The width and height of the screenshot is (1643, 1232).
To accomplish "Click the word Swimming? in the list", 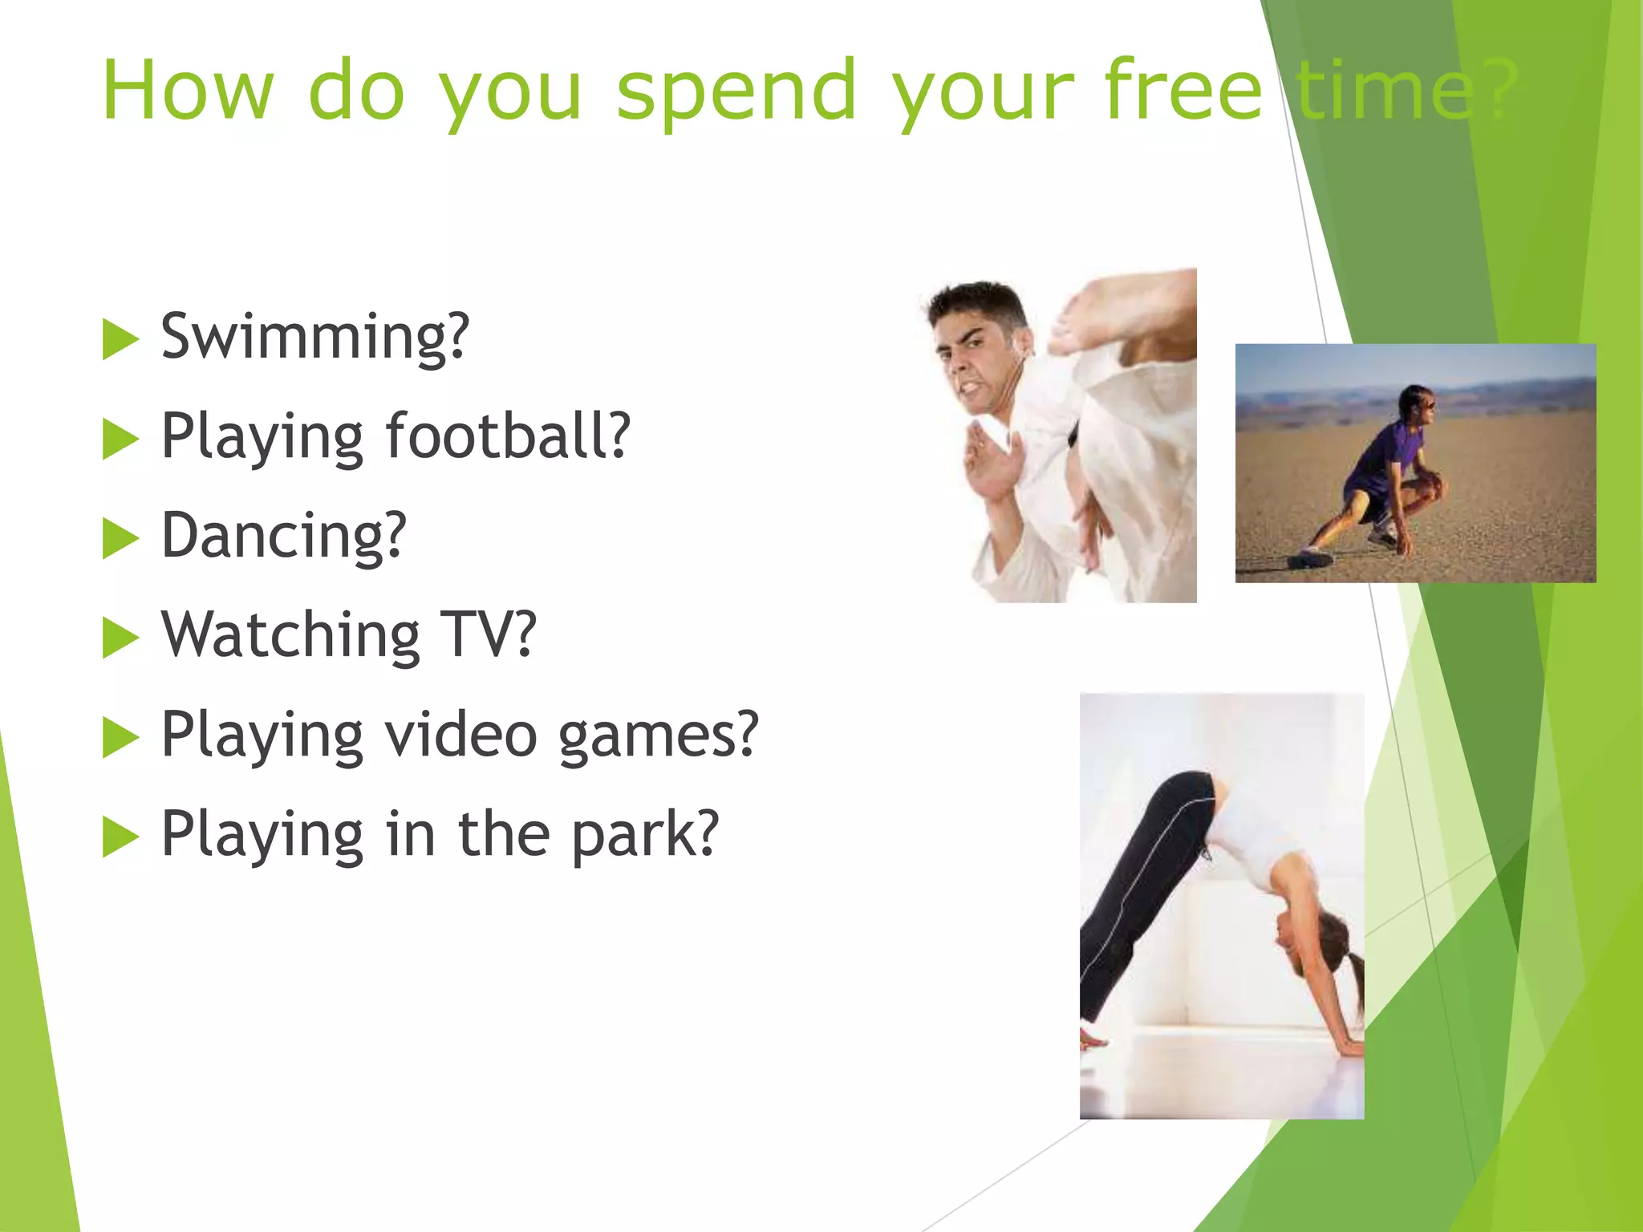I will [x=314, y=337].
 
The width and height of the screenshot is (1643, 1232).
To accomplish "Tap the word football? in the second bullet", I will [x=508, y=437].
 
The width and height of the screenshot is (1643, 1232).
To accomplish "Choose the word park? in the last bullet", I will [x=644, y=834].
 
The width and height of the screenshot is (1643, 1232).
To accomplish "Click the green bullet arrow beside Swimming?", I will [x=120, y=339].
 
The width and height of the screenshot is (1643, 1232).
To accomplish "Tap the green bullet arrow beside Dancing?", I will [x=120, y=538].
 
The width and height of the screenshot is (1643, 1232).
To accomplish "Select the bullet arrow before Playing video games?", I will [x=120, y=737].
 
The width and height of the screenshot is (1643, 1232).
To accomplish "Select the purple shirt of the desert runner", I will [x=1384, y=457].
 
